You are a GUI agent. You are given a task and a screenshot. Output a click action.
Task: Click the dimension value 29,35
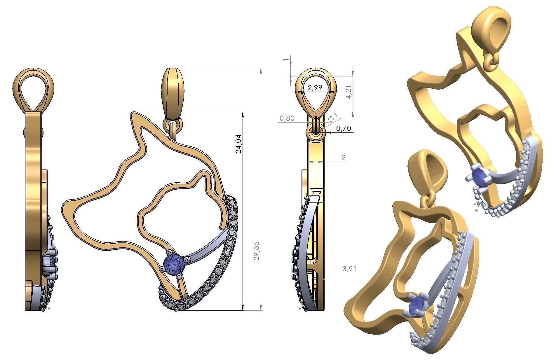pyautogui.click(x=257, y=251)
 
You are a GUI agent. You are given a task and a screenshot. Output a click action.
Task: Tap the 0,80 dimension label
pyautogui.click(x=287, y=118)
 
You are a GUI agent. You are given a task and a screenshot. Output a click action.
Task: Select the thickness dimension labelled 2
pyautogui.click(x=343, y=158)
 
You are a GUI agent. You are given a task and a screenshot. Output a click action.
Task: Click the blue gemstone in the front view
pyautogui.click(x=174, y=264)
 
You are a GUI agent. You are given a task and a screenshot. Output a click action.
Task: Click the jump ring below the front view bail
pyautogui.click(x=173, y=125)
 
